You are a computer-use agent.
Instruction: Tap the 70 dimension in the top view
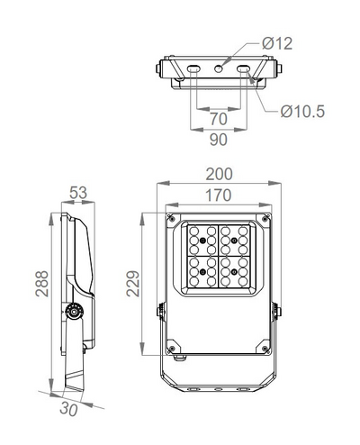coord(218,119)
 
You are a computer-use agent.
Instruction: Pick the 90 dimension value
coord(218,140)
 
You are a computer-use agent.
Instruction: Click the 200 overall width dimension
coord(219,173)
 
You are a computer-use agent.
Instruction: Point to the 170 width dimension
coord(219,195)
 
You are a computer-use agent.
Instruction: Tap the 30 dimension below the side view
coord(68,406)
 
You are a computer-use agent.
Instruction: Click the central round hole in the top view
coord(219,68)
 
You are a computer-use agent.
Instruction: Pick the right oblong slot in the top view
coord(242,68)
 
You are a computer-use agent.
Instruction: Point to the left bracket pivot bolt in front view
coord(161,311)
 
